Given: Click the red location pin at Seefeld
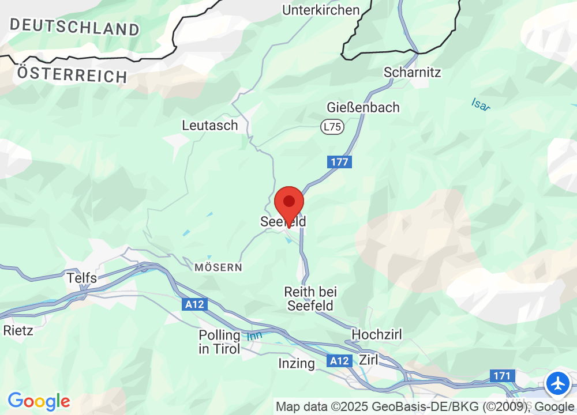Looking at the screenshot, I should (289, 203).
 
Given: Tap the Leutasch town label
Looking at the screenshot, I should (210, 125).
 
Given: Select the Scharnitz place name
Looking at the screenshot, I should (412, 73).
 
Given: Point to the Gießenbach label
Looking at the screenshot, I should (363, 107).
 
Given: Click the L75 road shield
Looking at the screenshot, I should (332, 127).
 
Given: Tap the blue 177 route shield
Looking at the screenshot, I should (340, 162).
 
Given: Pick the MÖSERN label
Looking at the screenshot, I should (218, 267).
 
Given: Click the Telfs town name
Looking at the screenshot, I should (81, 278).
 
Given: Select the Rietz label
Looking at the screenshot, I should (18, 331).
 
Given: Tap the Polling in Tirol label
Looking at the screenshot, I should (219, 342).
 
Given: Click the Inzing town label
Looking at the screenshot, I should (297, 363).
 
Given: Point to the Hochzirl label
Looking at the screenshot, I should (377, 334).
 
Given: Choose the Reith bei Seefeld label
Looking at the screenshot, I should (311, 299).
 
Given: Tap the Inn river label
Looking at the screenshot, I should (254, 335).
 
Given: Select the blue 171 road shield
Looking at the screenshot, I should (502, 376).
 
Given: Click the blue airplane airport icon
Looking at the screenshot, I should (558, 383).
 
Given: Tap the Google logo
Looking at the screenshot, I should (39, 401).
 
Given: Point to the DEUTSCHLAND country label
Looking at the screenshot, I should (74, 27).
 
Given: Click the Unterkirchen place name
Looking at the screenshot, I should (321, 10).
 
